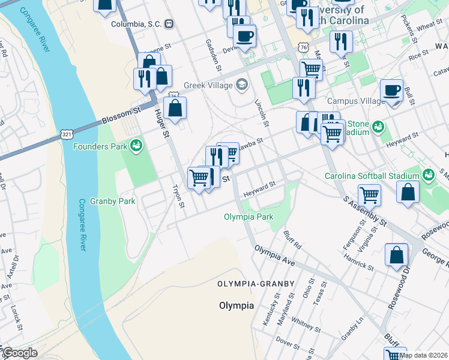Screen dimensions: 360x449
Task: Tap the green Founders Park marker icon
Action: (136, 145)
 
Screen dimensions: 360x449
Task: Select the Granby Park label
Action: (112, 201)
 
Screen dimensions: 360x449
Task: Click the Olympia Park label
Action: (249, 217)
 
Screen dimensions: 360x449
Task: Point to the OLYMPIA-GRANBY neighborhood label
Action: (256, 283)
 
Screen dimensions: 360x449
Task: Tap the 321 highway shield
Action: (67, 135)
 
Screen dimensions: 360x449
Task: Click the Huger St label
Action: (160, 122)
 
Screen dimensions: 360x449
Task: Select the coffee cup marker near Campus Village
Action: (391, 91)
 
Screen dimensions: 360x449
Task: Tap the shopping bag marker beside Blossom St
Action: (175, 109)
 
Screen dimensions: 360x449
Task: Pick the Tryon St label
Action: (178, 196)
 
